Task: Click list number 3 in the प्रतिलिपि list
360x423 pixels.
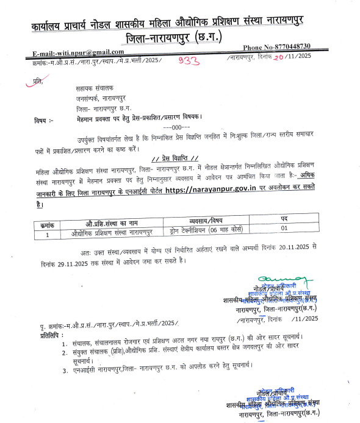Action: pos(65,369)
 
